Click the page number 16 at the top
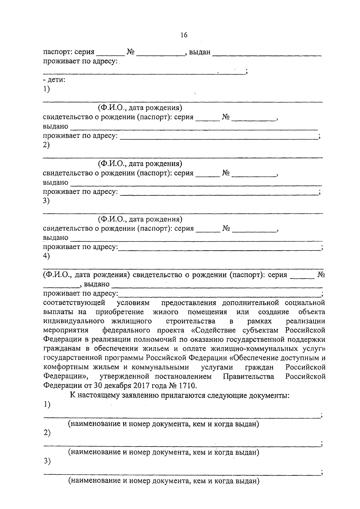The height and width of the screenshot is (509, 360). [184, 35]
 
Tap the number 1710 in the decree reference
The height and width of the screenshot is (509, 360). [187, 385]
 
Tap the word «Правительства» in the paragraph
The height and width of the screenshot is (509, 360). [248, 376]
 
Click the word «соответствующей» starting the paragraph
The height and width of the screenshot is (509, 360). [74, 302]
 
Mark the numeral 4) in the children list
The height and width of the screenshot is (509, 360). [46, 256]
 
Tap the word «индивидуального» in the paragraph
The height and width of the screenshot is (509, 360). [73, 321]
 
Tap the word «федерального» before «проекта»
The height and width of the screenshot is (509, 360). [126, 330]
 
